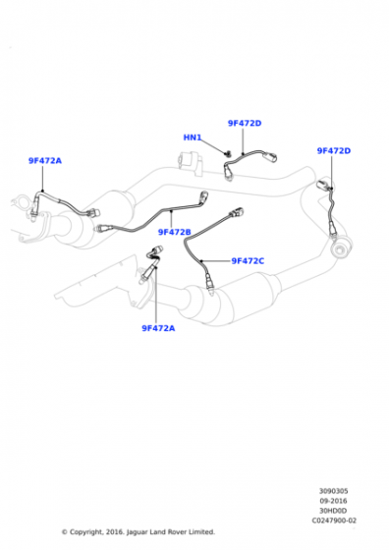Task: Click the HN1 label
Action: pos(193,137)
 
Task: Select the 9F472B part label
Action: pos(174,232)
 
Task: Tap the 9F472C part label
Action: pos(248,261)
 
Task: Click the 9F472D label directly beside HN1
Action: pos(245,123)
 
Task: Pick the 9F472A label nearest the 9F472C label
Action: pos(158,328)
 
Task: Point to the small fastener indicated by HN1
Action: pos(228,153)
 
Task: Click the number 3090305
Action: pos(333,491)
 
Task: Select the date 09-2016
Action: pos(333,501)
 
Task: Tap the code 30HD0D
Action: pos(333,511)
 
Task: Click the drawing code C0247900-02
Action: pos(334,521)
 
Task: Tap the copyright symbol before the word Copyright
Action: pos(65,532)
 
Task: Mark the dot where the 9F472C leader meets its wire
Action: pos(201,261)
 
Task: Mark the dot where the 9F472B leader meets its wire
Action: pos(171,211)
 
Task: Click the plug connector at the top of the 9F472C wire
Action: pos(237,212)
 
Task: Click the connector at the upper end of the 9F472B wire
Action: pos(203,196)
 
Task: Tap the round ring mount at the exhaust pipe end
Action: pos(341,248)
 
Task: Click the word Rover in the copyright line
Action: pos(177,532)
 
